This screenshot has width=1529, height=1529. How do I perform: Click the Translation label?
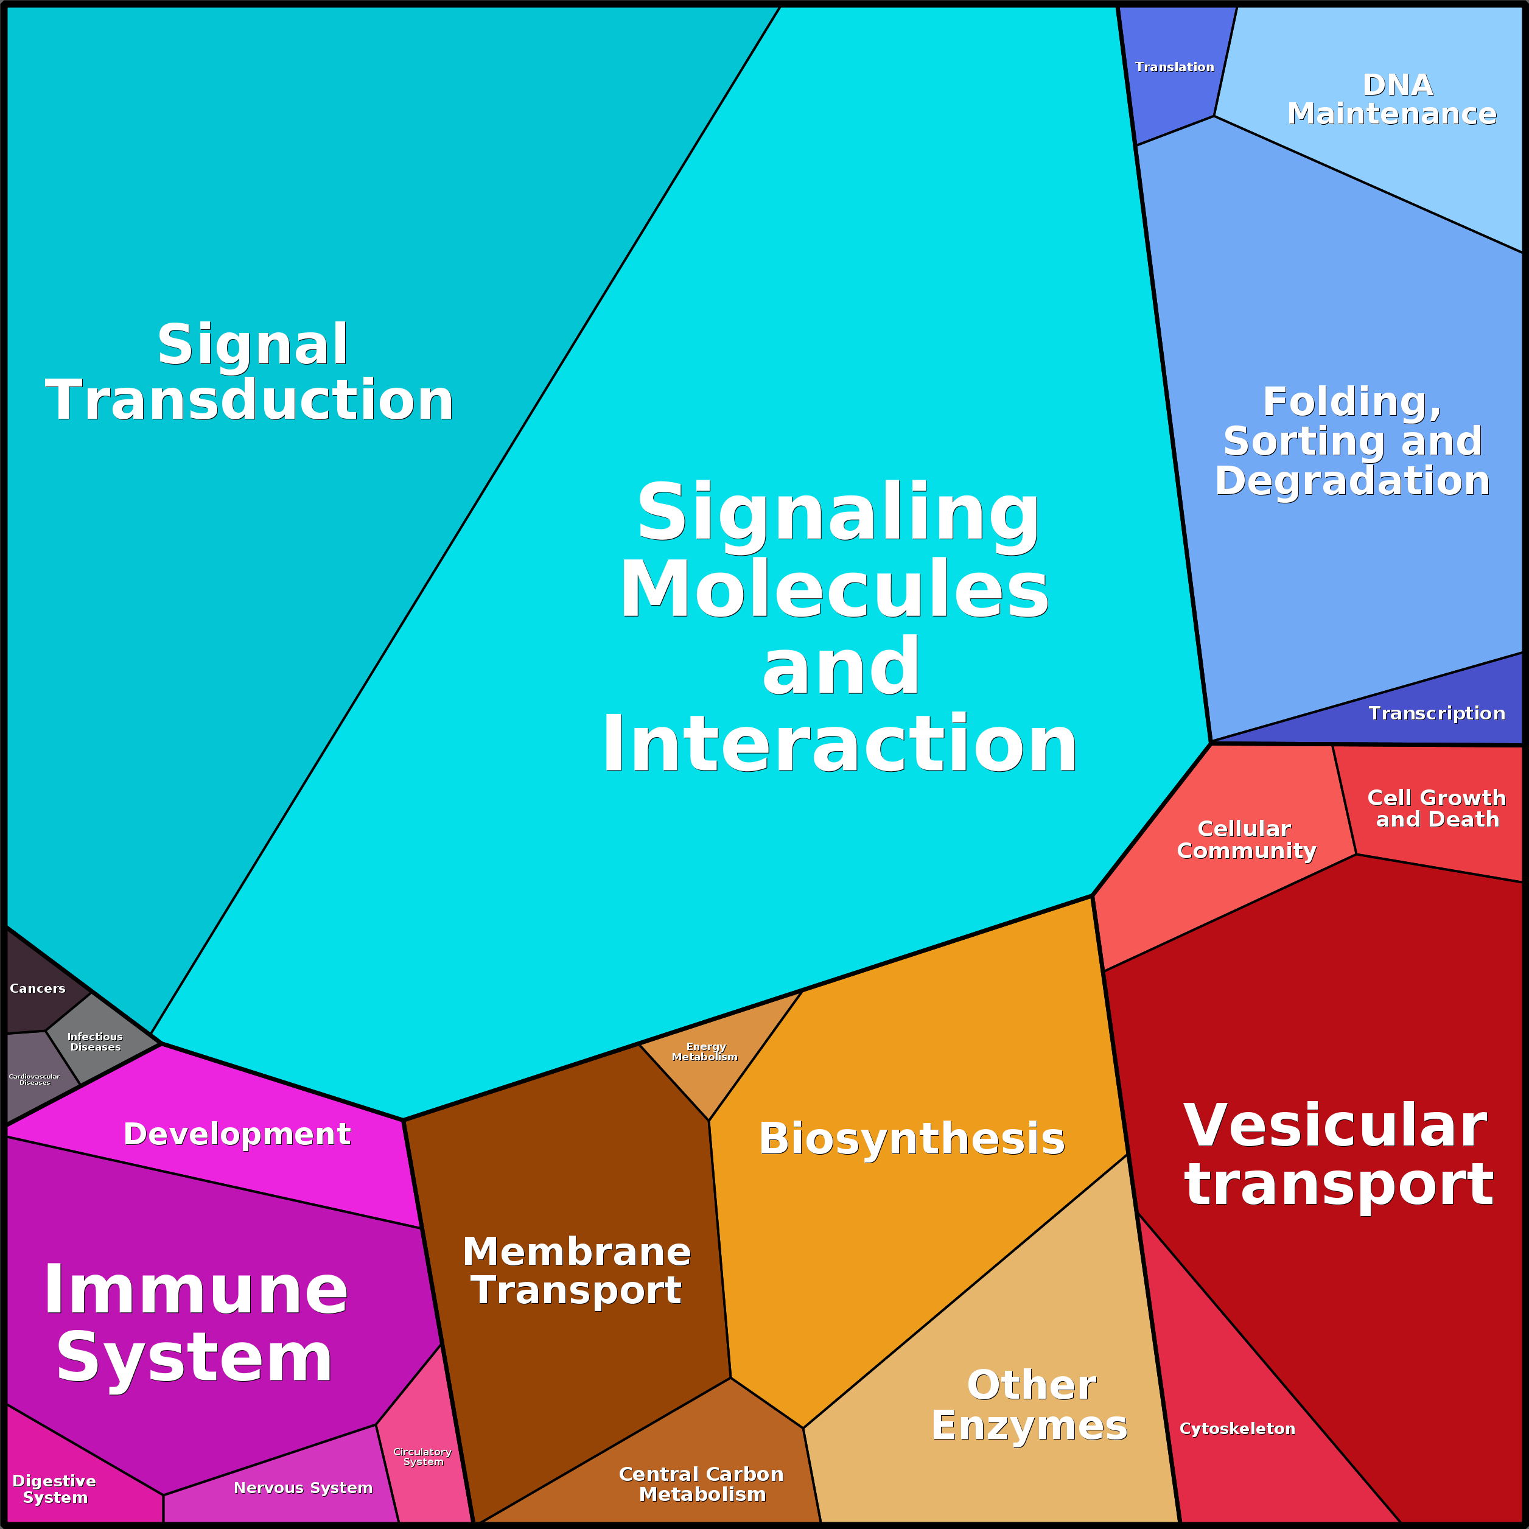1175,68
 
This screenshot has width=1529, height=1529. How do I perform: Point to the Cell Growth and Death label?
1436,808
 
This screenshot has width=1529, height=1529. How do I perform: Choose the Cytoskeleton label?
1237,1429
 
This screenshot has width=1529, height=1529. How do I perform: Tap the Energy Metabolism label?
704,1051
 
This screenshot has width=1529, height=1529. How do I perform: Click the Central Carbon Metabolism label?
701,1484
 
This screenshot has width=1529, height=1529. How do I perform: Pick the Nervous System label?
303,1488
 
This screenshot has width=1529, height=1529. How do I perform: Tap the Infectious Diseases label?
95,1041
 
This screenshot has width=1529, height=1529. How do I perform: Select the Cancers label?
37,988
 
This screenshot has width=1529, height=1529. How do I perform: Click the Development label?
237,1134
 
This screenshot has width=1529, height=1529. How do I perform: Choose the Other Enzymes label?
1030,1405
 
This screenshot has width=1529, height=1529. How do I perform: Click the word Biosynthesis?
912,1139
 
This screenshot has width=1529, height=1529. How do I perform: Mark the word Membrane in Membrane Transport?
577,1251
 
